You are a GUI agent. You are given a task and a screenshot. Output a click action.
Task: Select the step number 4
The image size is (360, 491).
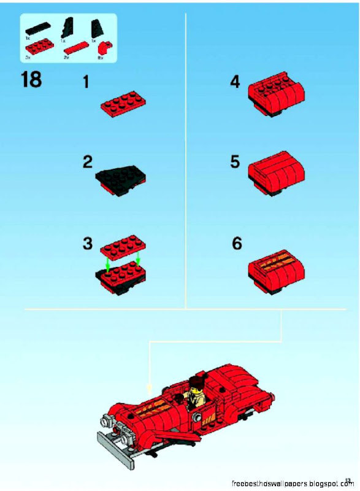click(x=235, y=82)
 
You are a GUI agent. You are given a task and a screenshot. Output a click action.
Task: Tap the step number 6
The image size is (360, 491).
click(x=237, y=243)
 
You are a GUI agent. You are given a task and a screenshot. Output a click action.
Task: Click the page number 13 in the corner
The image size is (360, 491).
click(x=348, y=480)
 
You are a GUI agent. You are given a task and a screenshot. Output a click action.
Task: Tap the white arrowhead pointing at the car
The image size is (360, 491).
click(x=149, y=389)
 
